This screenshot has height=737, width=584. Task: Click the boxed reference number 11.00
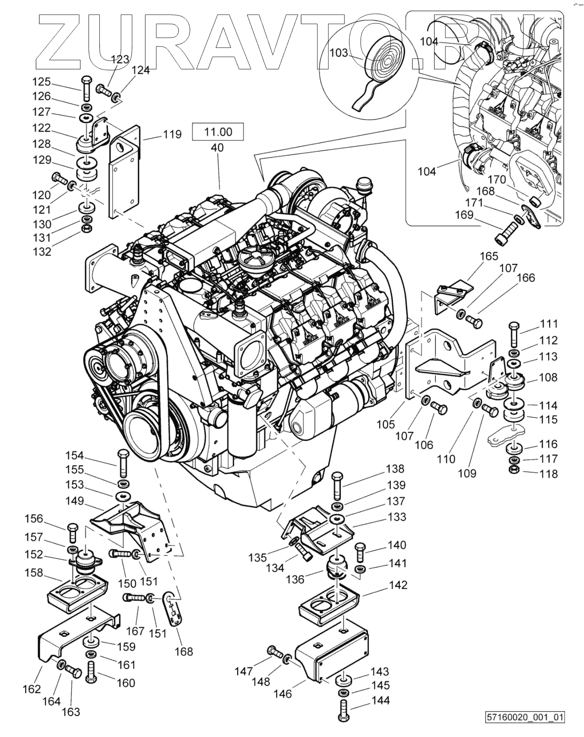click(x=218, y=132)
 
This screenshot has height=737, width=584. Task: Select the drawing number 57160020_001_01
click(x=525, y=730)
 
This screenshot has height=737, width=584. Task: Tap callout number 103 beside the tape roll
click(x=338, y=53)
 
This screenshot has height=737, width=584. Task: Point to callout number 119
click(x=172, y=135)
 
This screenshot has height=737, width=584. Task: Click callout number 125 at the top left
click(x=41, y=82)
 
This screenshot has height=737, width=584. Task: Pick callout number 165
click(x=489, y=256)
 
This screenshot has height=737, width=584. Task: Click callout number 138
click(x=395, y=469)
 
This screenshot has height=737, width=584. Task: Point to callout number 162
click(x=32, y=689)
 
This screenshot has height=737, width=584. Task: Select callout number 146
click(x=283, y=693)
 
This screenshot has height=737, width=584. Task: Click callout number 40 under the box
click(x=217, y=148)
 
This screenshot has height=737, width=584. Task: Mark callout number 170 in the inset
click(x=497, y=179)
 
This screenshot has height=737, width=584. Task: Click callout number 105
click(x=385, y=424)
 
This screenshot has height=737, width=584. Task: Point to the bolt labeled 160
click(x=91, y=671)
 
